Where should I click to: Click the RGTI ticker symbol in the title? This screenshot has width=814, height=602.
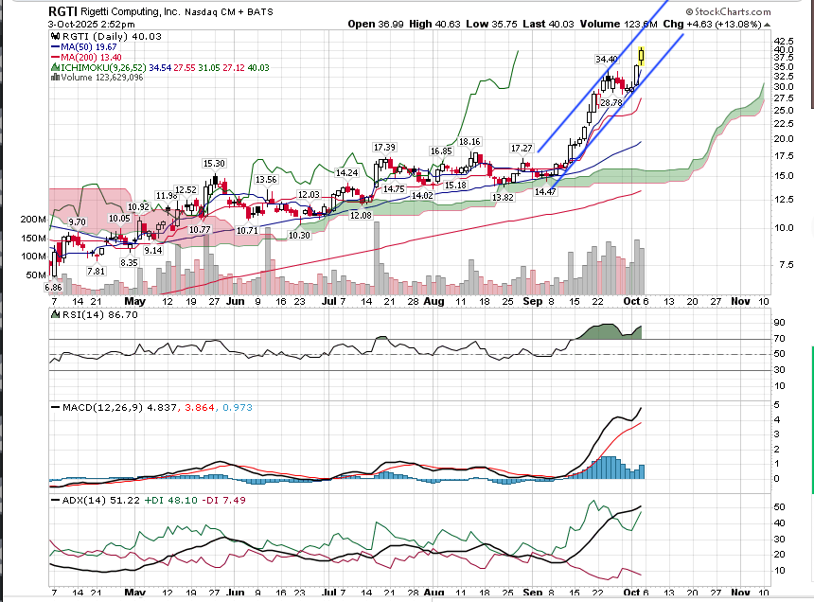click(62, 10)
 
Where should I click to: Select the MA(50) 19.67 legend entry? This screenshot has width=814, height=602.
click(91, 45)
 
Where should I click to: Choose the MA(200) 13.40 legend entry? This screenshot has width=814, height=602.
click(94, 57)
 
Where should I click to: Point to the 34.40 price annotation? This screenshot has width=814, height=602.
click(606, 59)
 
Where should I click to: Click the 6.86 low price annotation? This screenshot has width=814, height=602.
click(53, 287)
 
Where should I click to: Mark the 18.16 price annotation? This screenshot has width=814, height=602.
click(470, 142)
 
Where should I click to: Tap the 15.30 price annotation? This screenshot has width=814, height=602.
click(214, 163)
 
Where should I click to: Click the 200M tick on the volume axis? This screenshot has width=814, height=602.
click(33, 219)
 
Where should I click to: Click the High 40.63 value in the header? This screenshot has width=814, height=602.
click(444, 23)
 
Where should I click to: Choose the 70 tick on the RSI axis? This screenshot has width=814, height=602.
click(779, 338)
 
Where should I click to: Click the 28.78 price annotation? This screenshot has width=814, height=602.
click(610, 102)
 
